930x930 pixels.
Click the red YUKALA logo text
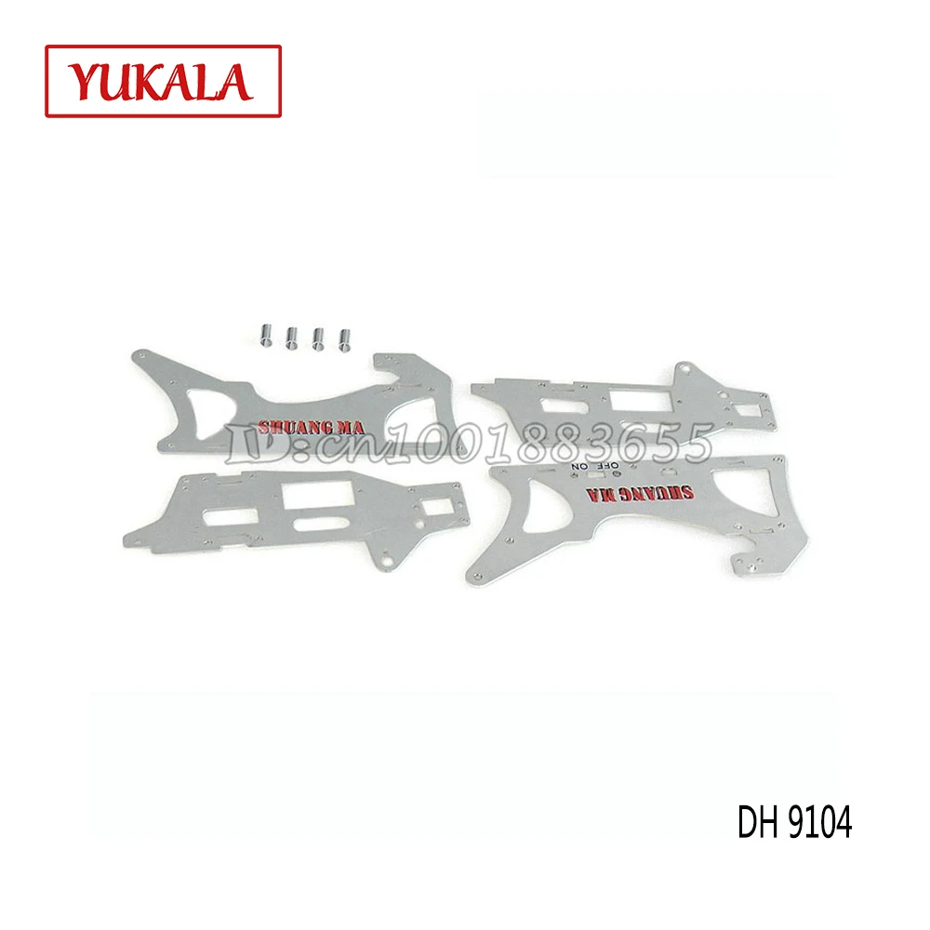161,81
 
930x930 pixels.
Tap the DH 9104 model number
794,822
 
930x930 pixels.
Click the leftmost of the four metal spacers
266,335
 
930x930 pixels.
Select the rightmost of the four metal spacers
345,339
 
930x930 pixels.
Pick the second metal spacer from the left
292,338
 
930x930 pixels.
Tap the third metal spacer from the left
318,339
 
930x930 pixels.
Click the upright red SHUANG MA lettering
311,427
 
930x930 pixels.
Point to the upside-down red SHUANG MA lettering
640,494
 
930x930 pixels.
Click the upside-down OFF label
605,466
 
